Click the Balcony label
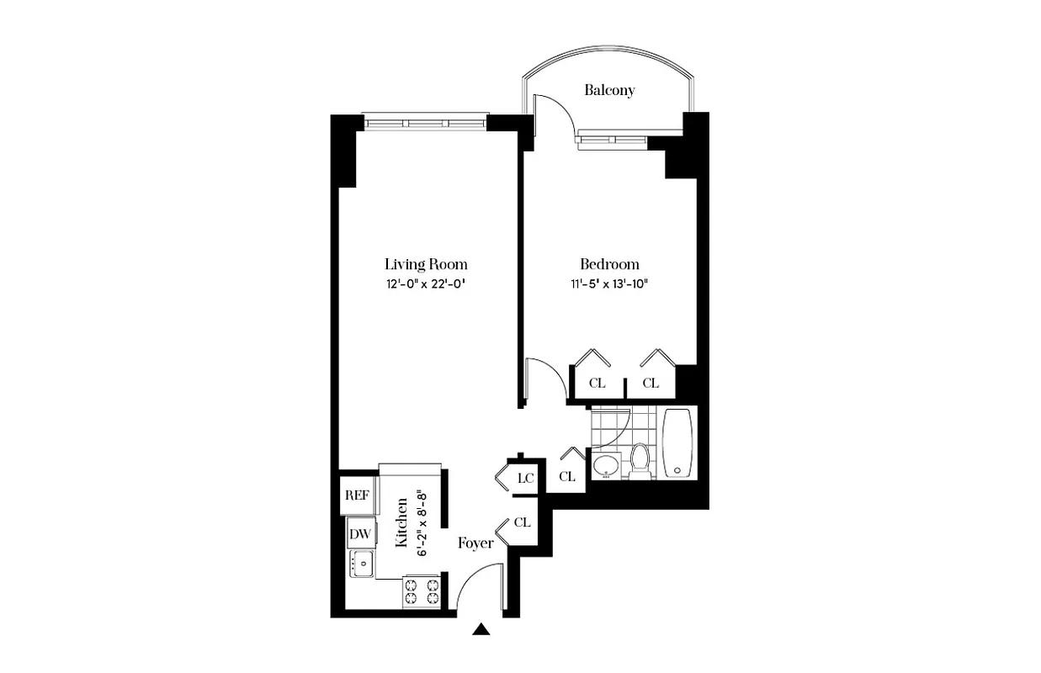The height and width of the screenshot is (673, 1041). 609,90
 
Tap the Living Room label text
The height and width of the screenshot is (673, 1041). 426,263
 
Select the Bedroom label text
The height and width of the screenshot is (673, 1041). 609,263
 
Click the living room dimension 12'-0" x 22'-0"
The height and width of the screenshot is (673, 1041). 426,284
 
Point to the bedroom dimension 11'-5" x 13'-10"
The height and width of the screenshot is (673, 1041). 609,284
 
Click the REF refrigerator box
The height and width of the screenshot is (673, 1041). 357,495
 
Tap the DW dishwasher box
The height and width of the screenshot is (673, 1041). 360,533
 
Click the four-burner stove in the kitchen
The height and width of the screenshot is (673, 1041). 423,590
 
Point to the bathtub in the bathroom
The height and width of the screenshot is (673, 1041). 678,443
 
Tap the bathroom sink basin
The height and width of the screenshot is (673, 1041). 605,465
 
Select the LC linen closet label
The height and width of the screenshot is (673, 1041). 526,478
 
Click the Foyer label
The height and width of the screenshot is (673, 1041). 475,543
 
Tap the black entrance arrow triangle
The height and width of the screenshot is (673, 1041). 481,628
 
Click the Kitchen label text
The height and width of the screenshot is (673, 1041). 402,523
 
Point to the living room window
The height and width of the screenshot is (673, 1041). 425,123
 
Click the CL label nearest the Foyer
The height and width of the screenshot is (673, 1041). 522,522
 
